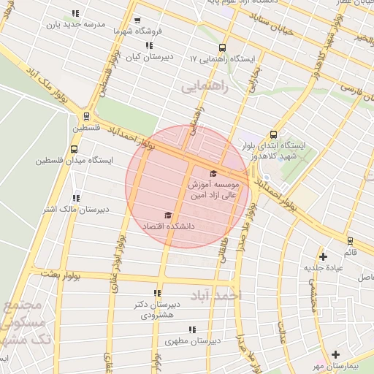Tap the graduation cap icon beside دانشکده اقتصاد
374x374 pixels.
tap(168, 215)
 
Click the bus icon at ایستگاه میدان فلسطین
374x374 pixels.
tap(73, 149)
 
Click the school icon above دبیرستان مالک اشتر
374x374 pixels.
tap(76, 197)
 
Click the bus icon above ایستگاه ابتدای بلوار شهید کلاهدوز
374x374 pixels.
tap(273, 134)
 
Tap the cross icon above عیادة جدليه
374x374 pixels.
tap(323, 256)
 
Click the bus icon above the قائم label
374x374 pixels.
tap(350, 241)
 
